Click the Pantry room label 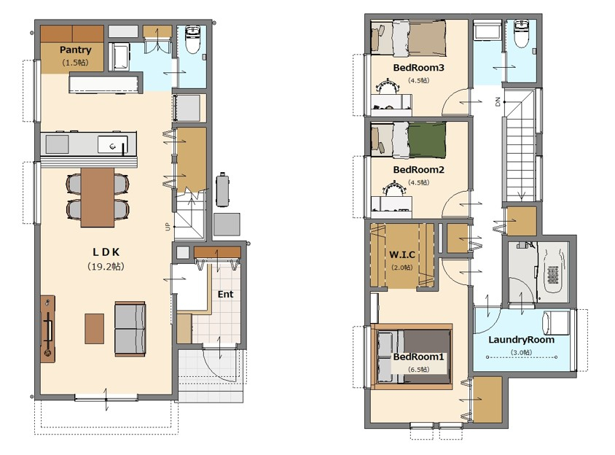pos(75,50)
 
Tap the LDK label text pos(106,252)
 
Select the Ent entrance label pos(226,294)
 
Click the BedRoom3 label pos(418,68)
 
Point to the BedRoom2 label pos(418,170)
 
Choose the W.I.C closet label pos(402,254)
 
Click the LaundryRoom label pos(521,340)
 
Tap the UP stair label pos(168,227)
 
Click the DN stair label pos(498,102)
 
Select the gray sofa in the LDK pos(130,329)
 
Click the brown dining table pos(98,198)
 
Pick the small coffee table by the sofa pos(95,328)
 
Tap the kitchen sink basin pos(112,144)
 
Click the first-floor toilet pos(192,39)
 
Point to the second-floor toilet pos(522,34)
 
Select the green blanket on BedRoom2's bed pos(427,140)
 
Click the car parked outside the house pos(222,190)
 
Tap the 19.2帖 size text pos(106,267)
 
